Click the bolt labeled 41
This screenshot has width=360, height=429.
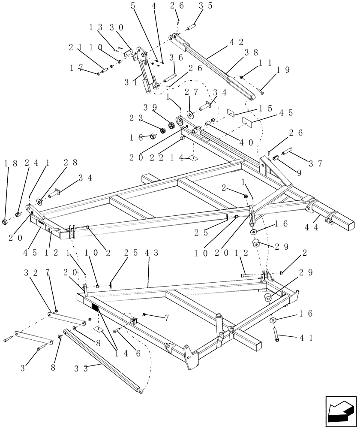point(276,334)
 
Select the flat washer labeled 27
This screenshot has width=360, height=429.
point(190,113)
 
